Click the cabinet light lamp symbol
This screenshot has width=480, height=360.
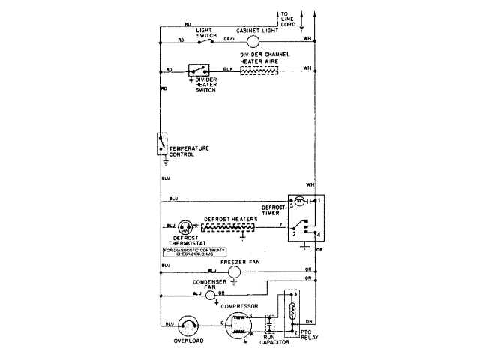point(252,40)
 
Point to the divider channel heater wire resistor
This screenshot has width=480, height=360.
point(259,69)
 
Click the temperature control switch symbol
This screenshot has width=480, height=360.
point(160,145)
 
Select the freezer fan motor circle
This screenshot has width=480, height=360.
point(235,271)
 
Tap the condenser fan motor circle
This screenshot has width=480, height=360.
point(211,295)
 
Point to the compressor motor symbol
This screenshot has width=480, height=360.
point(239,325)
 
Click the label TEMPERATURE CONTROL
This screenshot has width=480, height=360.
point(188,151)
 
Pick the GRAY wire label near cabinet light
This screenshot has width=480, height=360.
point(229,39)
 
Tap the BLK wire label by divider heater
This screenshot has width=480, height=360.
point(227,69)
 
